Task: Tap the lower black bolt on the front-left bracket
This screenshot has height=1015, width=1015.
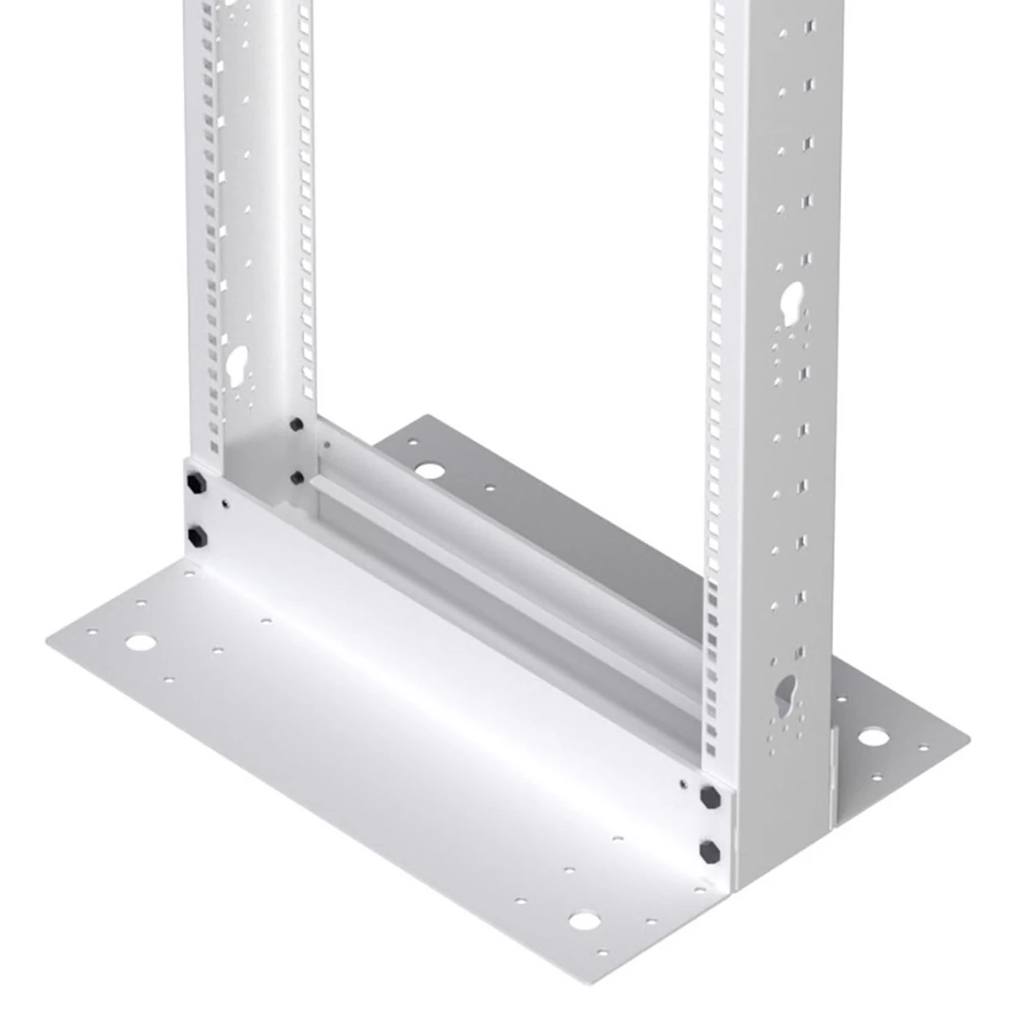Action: coord(194,536)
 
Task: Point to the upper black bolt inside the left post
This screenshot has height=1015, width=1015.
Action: coord(297,425)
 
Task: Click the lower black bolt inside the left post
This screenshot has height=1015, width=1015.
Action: coord(297,477)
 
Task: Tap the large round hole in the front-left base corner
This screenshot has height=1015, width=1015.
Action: coord(141,642)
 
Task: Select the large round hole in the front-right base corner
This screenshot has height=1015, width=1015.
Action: coord(584,921)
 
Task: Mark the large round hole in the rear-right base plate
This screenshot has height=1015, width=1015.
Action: coord(872,737)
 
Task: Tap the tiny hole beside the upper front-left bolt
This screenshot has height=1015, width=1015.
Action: coord(225,502)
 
